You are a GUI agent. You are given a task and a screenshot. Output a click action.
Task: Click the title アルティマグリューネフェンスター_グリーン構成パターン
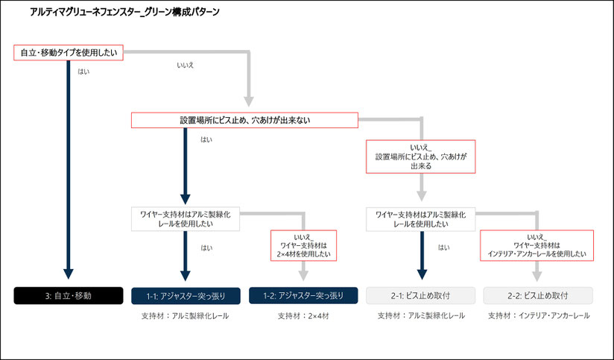(124, 12)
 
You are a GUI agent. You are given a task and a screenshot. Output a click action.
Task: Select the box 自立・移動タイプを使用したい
(69, 52)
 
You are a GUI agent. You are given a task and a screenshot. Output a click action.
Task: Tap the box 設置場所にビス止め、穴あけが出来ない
(244, 120)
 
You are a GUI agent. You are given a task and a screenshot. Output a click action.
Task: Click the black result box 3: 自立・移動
(69, 296)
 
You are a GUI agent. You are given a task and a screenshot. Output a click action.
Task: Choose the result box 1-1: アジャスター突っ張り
(186, 296)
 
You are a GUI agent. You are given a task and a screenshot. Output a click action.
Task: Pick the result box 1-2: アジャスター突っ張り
(303, 296)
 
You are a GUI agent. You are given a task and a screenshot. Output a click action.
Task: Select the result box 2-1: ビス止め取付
(420, 296)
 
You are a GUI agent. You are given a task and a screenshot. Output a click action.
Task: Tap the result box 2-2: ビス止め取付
(538, 296)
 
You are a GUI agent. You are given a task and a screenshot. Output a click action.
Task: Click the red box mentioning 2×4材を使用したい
(303, 246)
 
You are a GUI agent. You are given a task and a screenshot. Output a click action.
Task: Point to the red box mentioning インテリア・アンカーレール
(537, 246)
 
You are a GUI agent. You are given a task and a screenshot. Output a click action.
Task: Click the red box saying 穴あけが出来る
(420, 157)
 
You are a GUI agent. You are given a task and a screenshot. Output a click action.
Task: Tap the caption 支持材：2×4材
(303, 316)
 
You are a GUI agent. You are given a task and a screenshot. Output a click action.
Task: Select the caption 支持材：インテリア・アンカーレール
(539, 316)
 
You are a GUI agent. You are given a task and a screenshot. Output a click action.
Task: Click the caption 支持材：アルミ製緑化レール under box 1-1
(186, 316)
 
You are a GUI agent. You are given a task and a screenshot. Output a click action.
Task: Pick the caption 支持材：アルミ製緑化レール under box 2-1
(421, 316)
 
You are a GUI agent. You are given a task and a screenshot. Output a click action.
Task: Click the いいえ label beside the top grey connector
(186, 66)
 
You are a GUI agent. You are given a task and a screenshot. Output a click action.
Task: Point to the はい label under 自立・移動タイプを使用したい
(83, 72)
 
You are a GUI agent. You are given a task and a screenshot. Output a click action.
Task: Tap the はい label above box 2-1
(443, 247)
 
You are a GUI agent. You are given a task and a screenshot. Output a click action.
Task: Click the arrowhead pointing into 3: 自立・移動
(69, 274)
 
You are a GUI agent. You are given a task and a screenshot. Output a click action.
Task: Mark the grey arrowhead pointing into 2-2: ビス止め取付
(537, 277)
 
